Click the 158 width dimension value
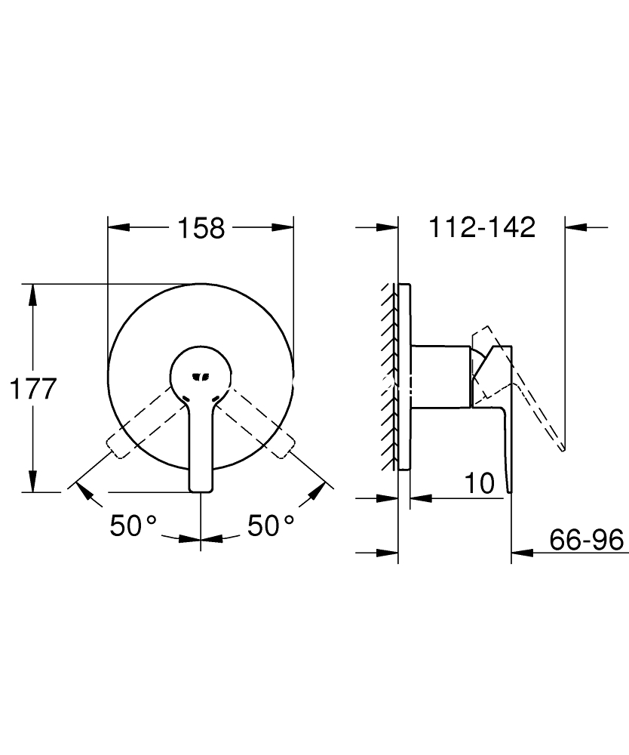(x=201, y=228)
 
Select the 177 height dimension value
(x=33, y=389)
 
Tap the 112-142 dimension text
(x=482, y=226)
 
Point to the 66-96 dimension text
(x=587, y=539)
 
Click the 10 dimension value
(x=480, y=483)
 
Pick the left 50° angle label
(x=133, y=525)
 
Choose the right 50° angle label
(x=271, y=525)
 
